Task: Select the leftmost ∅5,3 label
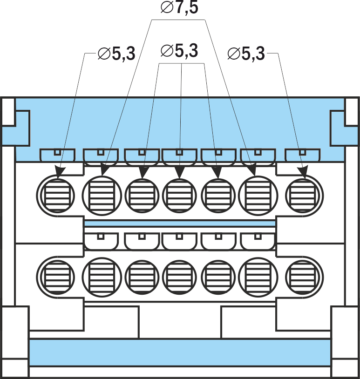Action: coord(116,54)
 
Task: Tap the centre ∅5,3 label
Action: coord(179,50)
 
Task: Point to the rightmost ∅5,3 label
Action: coord(246,54)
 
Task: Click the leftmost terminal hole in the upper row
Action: coord(57,193)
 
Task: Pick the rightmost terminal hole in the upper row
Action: coord(304,193)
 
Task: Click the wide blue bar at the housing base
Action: coord(180,352)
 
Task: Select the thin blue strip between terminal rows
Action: coord(180,224)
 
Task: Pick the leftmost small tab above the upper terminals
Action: coord(57,154)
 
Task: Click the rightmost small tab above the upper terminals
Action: coord(302,154)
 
